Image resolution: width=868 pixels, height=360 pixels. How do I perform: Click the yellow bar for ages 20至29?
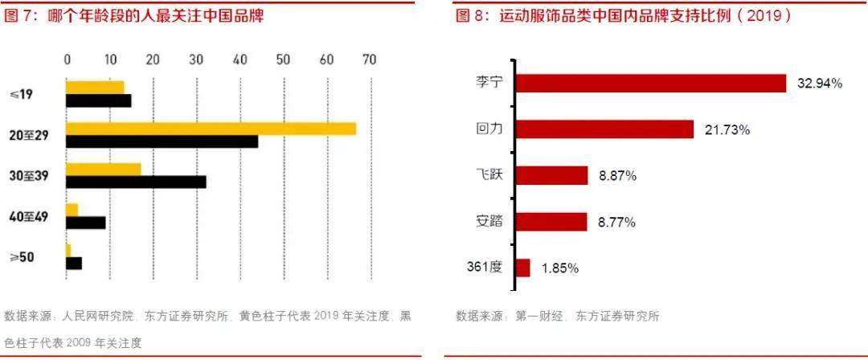coord(211,129)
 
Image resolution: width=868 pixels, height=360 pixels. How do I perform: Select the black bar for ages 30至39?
coord(136,182)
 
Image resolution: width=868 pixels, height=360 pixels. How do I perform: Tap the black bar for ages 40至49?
coord(85,223)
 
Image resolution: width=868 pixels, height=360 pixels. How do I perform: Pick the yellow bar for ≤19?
coord(95,87)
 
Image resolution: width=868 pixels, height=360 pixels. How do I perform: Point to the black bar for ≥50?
coord(74,263)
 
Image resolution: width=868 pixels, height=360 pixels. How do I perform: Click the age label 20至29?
coord(30,135)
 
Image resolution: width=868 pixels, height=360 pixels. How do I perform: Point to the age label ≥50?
coord(21,257)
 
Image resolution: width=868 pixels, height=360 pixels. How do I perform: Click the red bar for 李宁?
coord(650,84)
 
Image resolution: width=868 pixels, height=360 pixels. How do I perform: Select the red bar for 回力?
coord(604,129)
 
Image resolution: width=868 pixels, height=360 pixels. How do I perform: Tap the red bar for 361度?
coord(522,268)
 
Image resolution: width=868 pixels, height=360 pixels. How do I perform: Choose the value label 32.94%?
coord(819,84)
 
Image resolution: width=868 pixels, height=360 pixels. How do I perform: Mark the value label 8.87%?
coord(616,176)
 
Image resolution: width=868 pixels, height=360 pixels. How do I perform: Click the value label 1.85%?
coord(559,268)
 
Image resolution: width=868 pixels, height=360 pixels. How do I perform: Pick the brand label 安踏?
coord(489,221)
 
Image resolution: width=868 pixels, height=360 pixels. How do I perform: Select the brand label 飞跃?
coord(489,174)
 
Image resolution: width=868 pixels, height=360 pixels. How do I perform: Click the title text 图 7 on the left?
coord(21,16)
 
